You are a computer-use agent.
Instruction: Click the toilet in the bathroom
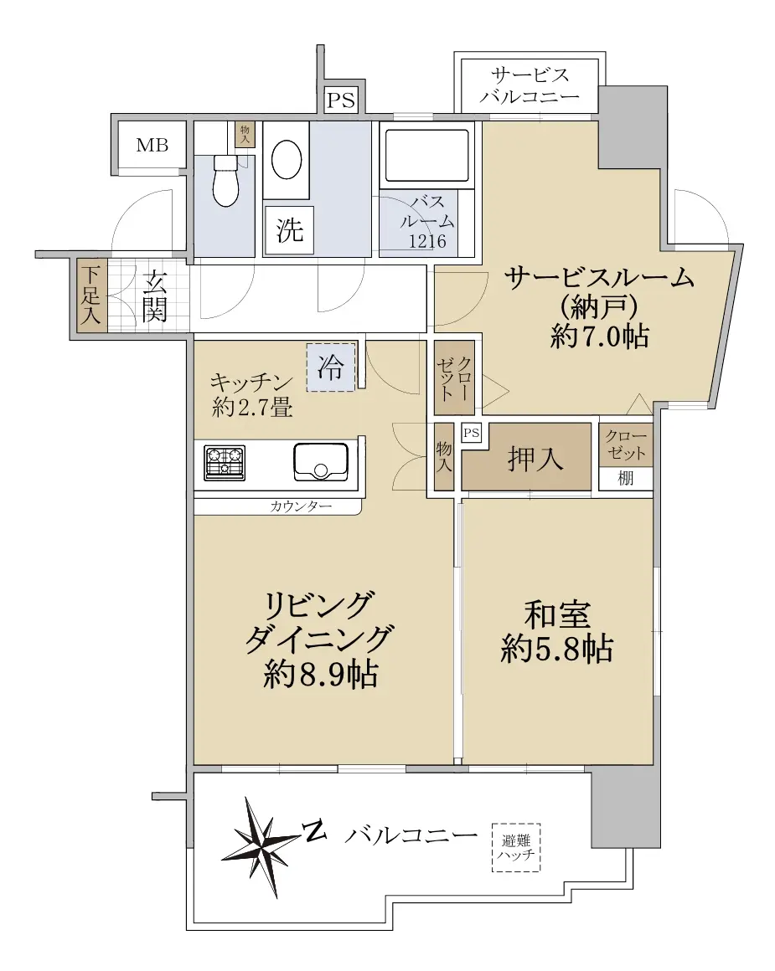coord(225,180)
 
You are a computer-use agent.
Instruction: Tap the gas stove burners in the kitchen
coord(225,463)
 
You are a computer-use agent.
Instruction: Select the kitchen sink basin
coord(321,462)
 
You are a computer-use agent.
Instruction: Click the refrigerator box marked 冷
coord(331,367)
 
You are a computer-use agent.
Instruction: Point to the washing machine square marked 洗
coord(290,229)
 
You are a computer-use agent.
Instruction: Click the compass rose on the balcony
coord(259,846)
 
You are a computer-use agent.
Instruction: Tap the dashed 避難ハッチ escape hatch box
coord(516,848)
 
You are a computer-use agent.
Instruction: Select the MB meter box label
coord(152,145)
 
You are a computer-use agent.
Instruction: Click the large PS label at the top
coord(340,100)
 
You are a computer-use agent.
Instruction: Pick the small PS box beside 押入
coord(471,432)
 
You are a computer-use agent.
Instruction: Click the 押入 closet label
coord(535,459)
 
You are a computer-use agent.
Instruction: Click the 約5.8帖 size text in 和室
coord(557,650)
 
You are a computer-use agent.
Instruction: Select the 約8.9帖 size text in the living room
coord(321,675)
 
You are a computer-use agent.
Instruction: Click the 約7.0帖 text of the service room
coord(599,337)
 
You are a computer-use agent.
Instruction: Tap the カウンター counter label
coord(301,506)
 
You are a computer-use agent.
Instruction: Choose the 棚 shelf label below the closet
coord(626,478)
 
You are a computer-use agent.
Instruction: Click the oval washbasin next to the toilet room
coord(287,160)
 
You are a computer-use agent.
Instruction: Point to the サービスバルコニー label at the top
coord(530,86)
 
